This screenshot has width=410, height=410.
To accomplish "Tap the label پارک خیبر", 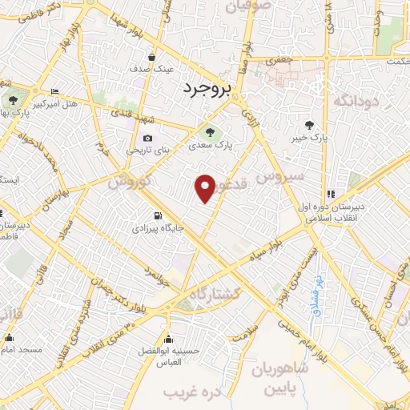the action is point(308,138).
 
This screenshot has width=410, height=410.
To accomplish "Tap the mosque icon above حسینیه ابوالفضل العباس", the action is point(169,336).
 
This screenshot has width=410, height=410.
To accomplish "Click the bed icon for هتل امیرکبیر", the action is point(54,92).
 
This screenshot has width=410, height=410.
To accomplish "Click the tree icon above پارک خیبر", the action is point(308,124).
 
